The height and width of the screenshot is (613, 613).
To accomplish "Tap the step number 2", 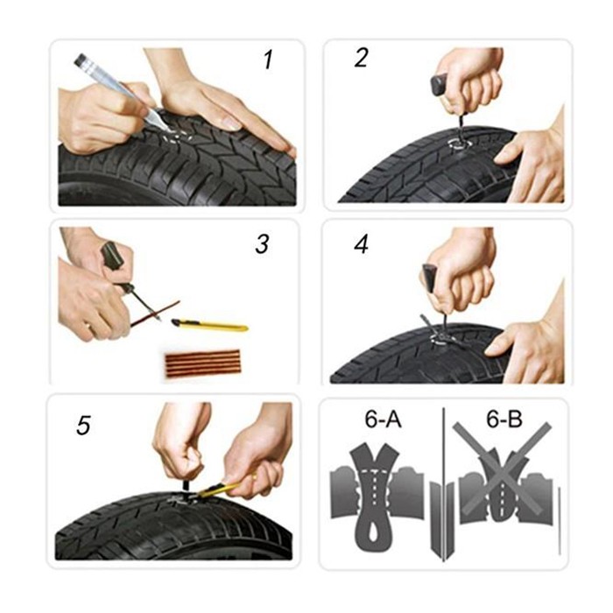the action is pos(361,58).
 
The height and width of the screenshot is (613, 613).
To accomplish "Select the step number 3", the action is pos(262,243).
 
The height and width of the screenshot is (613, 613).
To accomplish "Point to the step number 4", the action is pos(361,245).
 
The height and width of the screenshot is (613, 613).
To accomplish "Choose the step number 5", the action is pos(83,425).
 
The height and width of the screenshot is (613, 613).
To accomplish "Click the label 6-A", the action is pos(384,419).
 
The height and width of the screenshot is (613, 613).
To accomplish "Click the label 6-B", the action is pos(504,419).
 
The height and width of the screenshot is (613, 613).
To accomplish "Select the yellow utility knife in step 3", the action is pos(209,324).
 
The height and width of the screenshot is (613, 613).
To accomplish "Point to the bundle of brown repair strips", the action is pos(202,363).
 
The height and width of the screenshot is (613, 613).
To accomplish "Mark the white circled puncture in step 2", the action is pos(460,144).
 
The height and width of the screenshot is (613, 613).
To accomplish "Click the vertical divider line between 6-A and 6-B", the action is pos(443,485).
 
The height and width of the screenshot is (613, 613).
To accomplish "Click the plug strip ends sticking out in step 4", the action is pos(441,332).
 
